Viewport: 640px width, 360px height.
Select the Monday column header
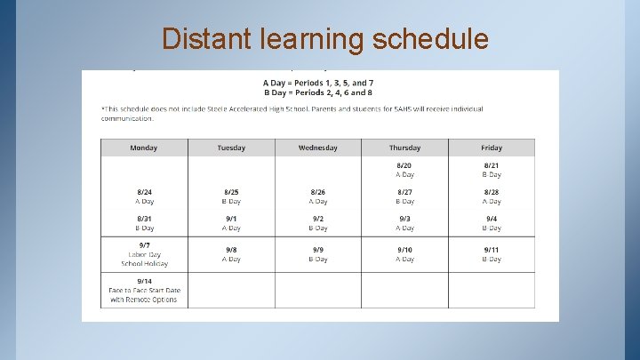(143, 148)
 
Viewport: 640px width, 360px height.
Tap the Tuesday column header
(231, 148)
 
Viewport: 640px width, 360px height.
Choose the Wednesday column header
(317, 148)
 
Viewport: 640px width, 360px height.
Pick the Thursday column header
(404, 148)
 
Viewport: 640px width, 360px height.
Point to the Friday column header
(492, 148)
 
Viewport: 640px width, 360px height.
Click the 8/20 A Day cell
(404, 170)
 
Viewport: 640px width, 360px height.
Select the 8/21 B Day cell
(492, 170)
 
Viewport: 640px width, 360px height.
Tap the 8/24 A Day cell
(144, 196)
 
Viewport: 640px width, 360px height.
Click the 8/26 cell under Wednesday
(317, 196)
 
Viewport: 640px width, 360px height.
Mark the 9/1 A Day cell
(231, 223)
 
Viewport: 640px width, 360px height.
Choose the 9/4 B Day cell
(492, 223)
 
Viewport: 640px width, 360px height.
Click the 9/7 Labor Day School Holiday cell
(144, 254)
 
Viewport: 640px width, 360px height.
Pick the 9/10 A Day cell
(404, 254)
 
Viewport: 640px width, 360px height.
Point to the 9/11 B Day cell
(492, 254)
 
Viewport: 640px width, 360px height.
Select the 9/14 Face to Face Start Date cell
(144, 291)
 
